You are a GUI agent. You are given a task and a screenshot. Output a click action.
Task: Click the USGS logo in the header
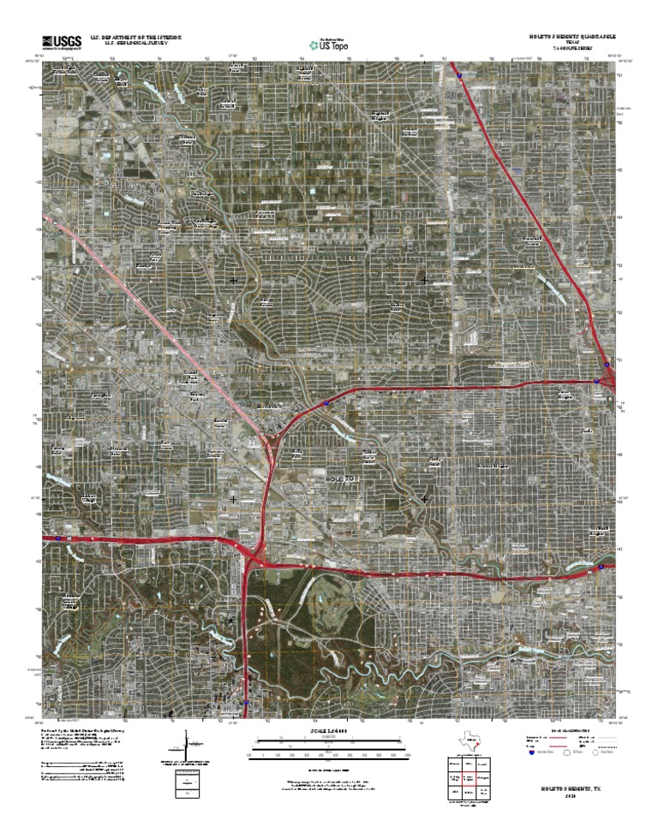click(x=58, y=41)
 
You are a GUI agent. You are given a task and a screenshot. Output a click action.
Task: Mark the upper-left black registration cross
click(x=233, y=280)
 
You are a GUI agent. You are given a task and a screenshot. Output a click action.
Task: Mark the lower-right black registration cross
click(x=425, y=498)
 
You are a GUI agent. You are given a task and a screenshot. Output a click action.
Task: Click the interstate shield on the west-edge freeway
click(x=58, y=539)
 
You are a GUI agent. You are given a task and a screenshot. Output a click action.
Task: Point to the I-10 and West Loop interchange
click(x=254, y=556)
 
